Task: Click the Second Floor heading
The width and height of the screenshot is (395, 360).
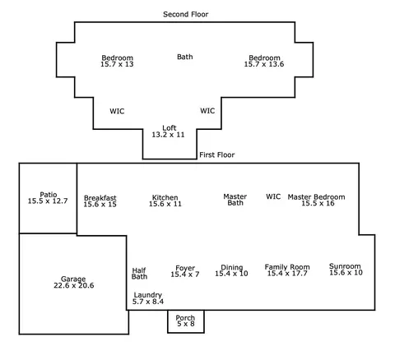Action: (x=186, y=14)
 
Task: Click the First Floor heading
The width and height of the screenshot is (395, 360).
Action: (x=217, y=155)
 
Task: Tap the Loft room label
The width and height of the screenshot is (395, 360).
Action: (x=170, y=128)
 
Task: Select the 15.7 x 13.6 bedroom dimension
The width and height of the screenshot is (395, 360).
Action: (x=264, y=64)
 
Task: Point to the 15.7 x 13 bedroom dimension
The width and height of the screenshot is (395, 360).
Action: (x=117, y=64)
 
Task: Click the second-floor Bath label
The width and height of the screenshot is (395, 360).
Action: (x=185, y=57)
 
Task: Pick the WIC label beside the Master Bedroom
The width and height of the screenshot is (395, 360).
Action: (x=273, y=196)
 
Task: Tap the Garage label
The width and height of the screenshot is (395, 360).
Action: (x=73, y=279)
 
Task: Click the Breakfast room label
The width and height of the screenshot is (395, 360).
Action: (x=100, y=198)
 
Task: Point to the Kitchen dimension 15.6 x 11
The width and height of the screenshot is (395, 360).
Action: (x=165, y=204)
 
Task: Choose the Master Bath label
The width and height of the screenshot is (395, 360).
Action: (x=235, y=200)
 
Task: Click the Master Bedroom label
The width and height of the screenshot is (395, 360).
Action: (x=316, y=196)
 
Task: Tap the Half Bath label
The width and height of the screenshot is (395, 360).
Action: (x=139, y=274)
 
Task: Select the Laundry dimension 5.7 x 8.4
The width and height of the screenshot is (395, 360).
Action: (x=148, y=302)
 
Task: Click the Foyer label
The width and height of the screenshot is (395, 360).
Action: (x=185, y=268)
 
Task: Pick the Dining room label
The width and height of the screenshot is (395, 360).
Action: (x=232, y=267)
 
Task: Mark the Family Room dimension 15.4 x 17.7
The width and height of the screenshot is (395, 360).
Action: (x=287, y=274)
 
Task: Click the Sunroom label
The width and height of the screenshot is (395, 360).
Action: (x=345, y=266)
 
